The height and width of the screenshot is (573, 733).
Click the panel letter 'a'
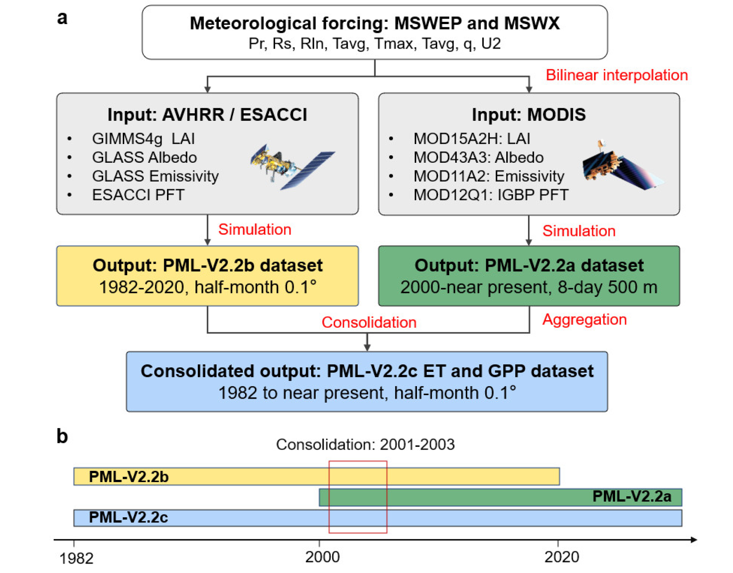(62, 18)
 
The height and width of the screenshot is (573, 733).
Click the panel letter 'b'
(62, 436)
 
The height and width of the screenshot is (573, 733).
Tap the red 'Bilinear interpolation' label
(616, 75)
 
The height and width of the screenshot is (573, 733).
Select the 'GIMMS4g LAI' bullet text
(143, 139)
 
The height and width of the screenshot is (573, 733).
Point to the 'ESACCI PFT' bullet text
(138, 195)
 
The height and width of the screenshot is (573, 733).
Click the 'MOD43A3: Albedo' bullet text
(478, 157)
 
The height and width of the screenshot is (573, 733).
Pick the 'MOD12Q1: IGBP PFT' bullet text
(491, 195)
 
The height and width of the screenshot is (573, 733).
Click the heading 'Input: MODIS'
(529, 115)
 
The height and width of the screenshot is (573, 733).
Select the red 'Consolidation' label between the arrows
(369, 322)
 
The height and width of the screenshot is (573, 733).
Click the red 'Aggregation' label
(584, 319)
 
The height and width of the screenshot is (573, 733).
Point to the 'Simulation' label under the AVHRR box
(254, 229)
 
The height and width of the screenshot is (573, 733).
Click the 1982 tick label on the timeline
(76, 558)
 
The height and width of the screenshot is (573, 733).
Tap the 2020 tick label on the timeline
(562, 557)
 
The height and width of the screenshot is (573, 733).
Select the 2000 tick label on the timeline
(322, 557)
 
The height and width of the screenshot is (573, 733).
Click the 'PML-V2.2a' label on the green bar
(631, 496)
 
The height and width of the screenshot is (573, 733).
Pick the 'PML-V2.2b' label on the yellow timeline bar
(129, 477)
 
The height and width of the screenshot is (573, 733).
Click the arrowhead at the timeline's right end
(693, 540)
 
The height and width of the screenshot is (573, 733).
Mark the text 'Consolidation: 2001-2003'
(365, 445)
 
